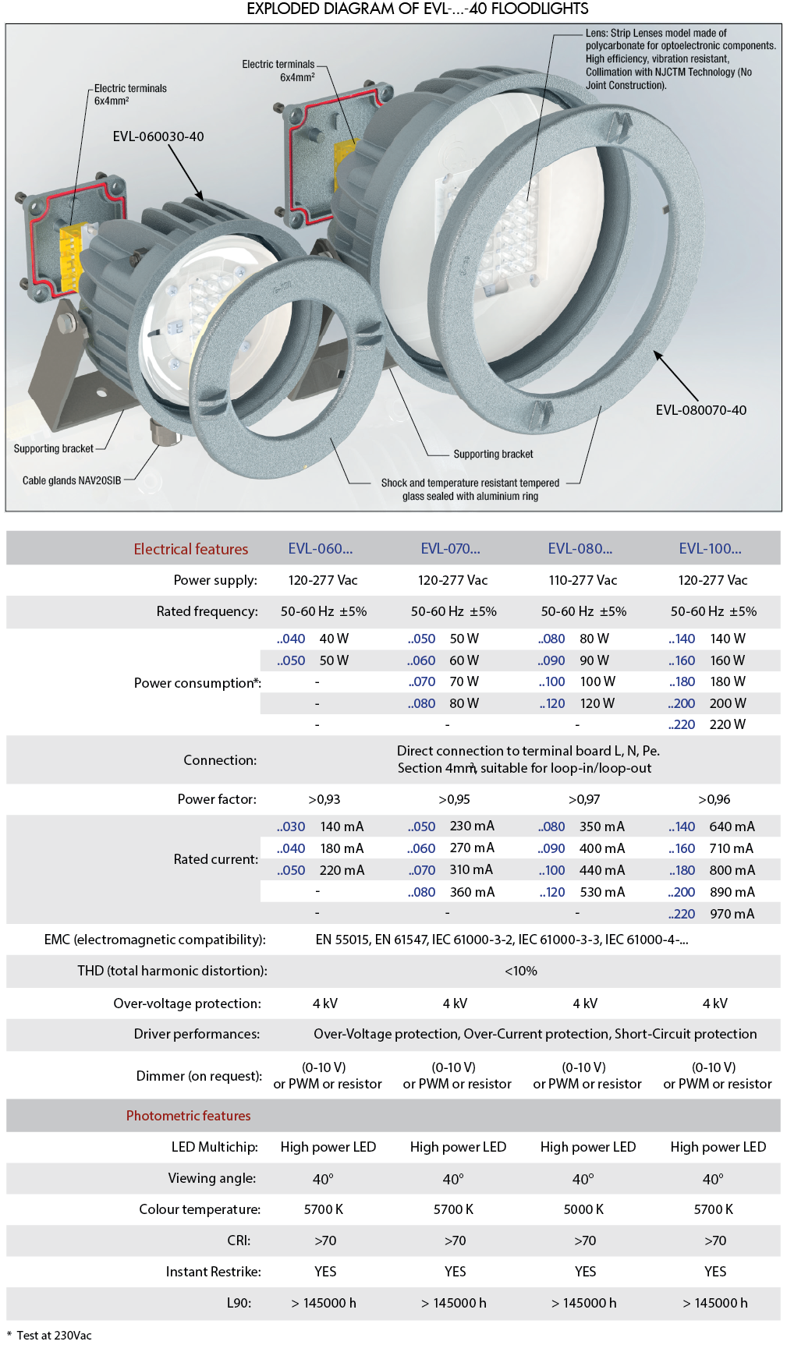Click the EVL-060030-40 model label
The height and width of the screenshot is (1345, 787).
coord(158,136)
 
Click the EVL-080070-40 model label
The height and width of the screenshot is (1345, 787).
coord(700,410)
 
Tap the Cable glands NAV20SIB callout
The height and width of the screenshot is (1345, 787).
coord(72,480)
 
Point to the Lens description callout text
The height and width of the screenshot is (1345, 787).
coord(680,59)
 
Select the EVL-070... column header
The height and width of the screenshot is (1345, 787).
coord(450,549)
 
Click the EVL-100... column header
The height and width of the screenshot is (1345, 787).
coord(710,549)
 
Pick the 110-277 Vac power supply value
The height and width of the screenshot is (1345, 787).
coord(583,580)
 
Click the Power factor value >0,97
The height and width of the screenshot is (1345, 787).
coord(584,799)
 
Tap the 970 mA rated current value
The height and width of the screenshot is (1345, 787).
coord(732,914)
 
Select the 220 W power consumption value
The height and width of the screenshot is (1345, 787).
coord(727,724)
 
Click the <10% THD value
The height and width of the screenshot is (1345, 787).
coord(520,971)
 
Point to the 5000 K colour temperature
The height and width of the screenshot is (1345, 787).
coord(583,1209)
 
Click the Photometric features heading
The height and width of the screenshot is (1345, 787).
coord(188,1116)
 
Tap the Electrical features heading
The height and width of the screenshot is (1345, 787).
coord(190,549)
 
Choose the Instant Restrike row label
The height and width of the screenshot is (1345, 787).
coord(213,1272)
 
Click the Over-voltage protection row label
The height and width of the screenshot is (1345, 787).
coord(187,1003)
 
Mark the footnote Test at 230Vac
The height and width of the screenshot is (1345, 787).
coord(54,1335)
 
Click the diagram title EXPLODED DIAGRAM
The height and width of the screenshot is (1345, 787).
coord(417,9)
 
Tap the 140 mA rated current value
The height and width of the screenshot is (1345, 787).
coord(342,826)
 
